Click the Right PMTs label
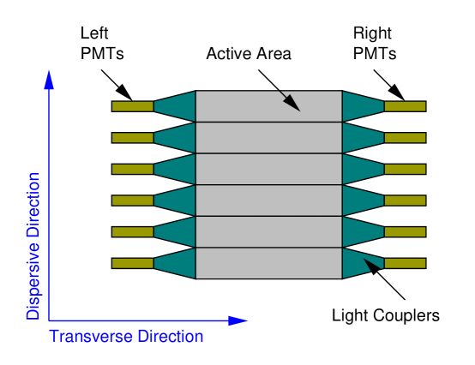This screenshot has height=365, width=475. click(373, 43)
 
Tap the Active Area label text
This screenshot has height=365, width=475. click(249, 53)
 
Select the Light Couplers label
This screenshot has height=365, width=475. click(385, 315)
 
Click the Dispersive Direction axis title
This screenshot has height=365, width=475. click(33, 246)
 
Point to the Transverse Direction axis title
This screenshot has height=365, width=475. click(126, 335)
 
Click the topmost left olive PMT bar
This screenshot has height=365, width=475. click(132, 106)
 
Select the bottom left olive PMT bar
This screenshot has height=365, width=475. click(132, 263)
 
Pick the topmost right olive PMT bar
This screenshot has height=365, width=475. click(405, 106)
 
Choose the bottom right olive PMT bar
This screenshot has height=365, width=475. click(405, 263)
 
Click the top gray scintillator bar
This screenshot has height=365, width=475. click(268, 106)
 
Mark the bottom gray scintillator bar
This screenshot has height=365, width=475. click(268, 263)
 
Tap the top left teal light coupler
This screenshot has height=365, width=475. click(178, 106)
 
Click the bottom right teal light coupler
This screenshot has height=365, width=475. click(358, 263)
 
